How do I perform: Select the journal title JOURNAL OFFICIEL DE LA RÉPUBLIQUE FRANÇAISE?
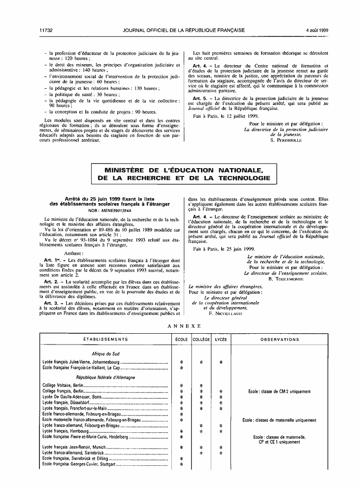184,30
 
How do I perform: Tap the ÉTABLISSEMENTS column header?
104,340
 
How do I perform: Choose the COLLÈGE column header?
201,340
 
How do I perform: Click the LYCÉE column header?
221,340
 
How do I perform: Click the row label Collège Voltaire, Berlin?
64,385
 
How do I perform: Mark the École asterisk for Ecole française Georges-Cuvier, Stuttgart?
181,464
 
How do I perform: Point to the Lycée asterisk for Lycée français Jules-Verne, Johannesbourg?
221,362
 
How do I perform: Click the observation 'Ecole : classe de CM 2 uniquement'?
279,391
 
